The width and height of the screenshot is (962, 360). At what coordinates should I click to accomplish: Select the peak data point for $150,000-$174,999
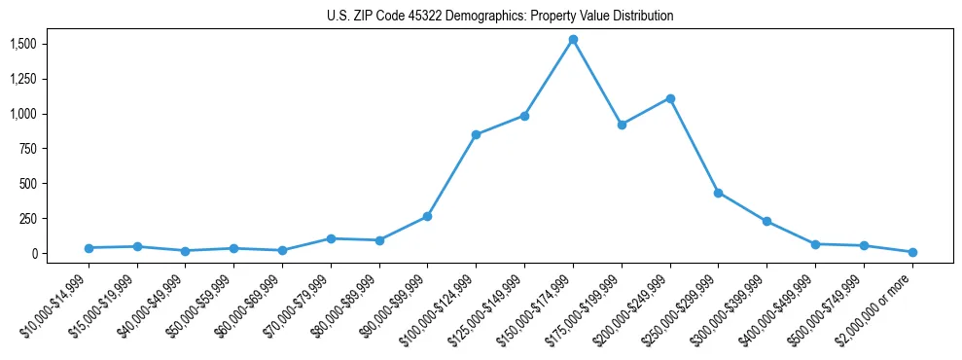pyautogui.click(x=573, y=40)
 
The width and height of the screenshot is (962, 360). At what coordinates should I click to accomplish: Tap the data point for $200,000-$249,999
pyautogui.click(x=670, y=98)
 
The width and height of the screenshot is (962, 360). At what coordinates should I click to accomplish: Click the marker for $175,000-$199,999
pyautogui.click(x=622, y=125)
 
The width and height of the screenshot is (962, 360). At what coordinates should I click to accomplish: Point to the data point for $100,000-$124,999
pyautogui.click(x=476, y=134)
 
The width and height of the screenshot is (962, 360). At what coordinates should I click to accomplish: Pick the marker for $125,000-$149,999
pyautogui.click(x=524, y=116)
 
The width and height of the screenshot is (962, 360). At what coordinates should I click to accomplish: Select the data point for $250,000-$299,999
pyautogui.click(x=718, y=193)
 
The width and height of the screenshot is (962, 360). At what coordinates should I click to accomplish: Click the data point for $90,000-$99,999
pyautogui.click(x=427, y=216)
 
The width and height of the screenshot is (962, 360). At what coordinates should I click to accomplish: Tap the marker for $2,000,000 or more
pyautogui.click(x=912, y=252)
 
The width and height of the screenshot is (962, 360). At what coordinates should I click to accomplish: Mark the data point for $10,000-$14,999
pyautogui.click(x=89, y=248)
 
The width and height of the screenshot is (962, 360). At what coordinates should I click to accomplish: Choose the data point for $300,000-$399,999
pyautogui.click(x=766, y=222)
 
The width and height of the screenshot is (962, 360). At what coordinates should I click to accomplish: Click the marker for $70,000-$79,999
pyautogui.click(x=331, y=238)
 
